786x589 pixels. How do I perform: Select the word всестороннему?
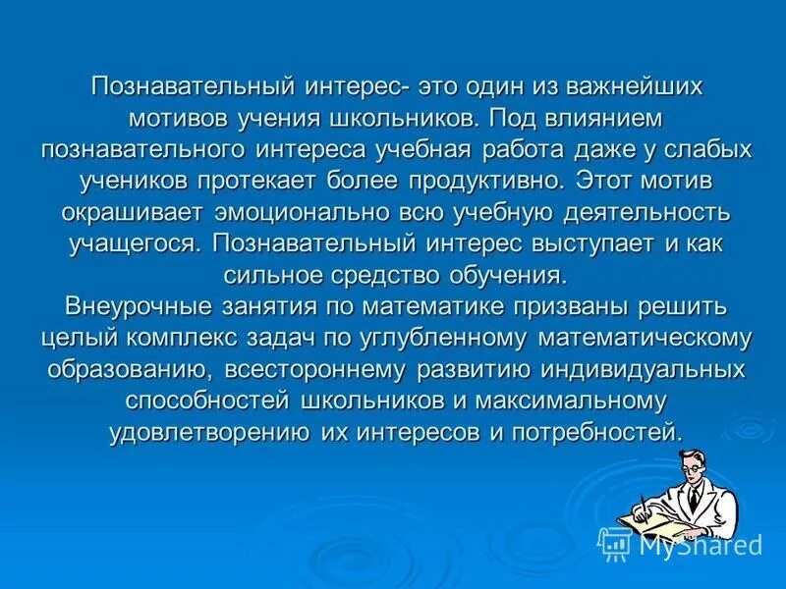pos(314,370)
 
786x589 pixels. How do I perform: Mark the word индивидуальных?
pos(628,370)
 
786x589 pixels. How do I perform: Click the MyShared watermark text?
pos(700,545)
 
